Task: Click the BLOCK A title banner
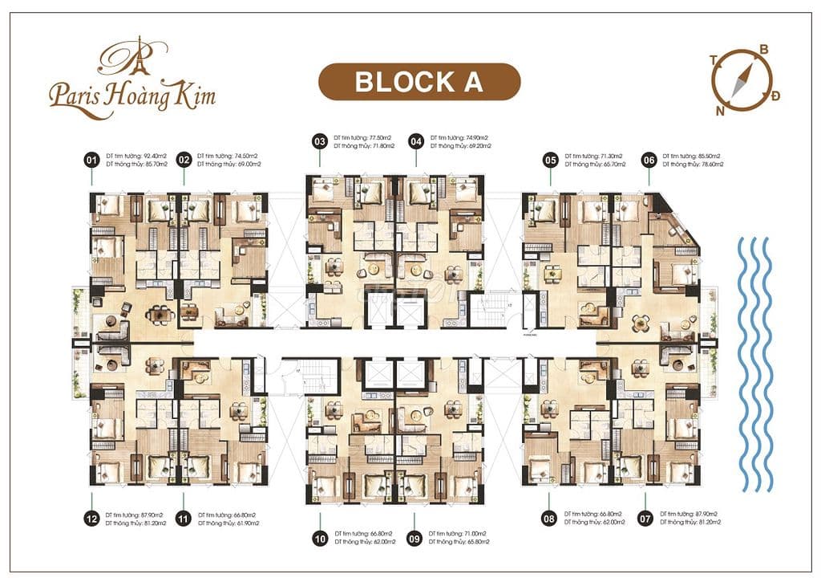[419, 82]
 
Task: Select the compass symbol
[742, 81]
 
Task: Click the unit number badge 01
[91, 161]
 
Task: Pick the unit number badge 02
[184, 161]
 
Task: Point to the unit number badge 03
[320, 141]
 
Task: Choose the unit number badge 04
[415, 141]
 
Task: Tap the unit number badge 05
[550, 160]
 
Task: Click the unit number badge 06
[649, 160]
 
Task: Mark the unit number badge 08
[549, 519]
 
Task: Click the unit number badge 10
[320, 539]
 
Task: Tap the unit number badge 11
[184, 519]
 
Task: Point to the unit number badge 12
[91, 519]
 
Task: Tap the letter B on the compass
[764, 50]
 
